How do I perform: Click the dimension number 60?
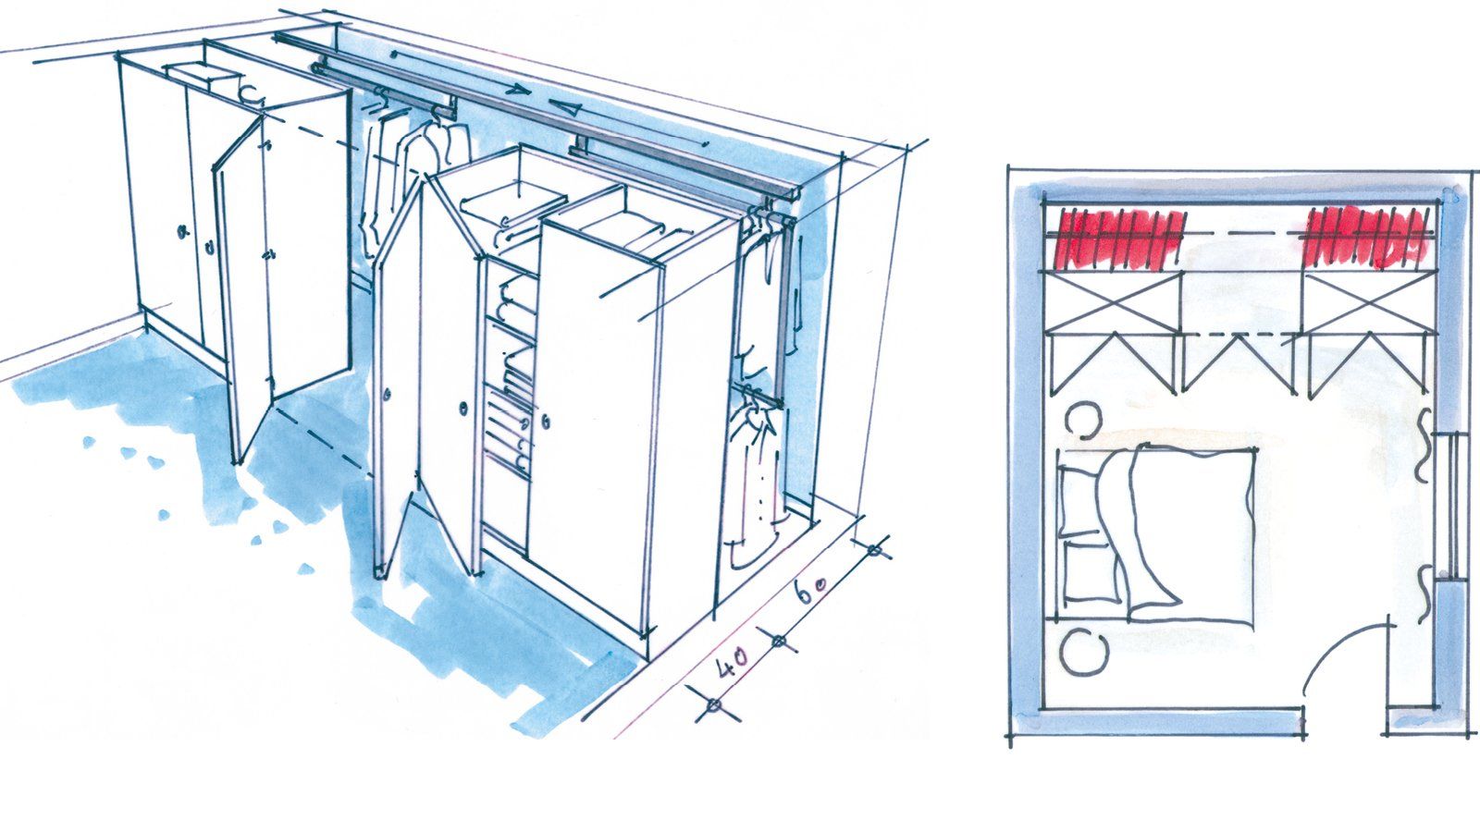(809, 591)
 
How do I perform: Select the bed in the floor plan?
(1156, 535)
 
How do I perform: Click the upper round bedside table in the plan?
(1082, 420)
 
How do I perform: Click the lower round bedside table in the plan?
(1083, 652)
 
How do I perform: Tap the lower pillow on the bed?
(1091, 571)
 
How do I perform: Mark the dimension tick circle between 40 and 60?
(778, 640)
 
